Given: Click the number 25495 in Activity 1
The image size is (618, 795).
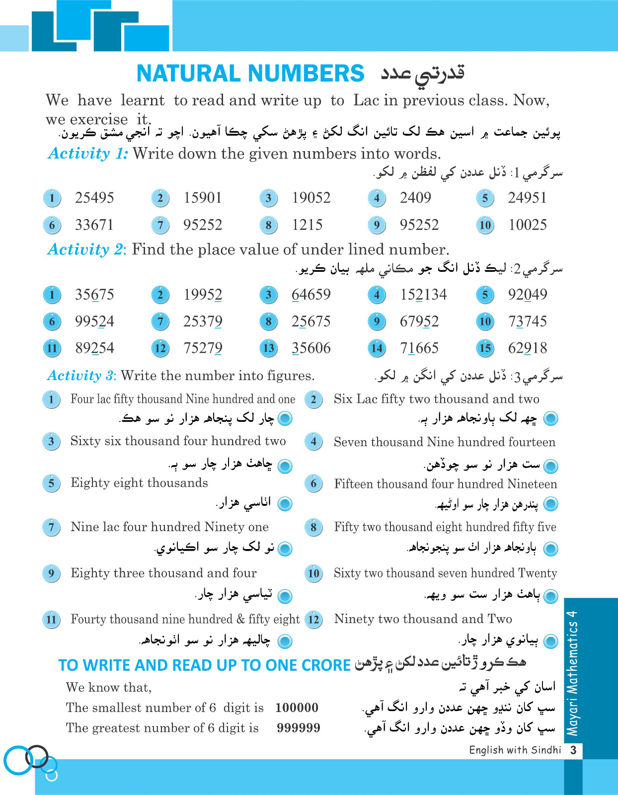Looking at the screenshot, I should pyautogui.click(x=94, y=198).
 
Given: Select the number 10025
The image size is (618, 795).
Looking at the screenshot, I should pyautogui.click(x=527, y=225).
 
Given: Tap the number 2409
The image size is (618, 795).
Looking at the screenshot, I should pyautogui.click(x=415, y=198).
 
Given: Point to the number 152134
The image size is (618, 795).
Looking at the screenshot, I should pyautogui.click(x=423, y=295).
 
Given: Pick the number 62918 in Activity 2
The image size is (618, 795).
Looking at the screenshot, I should pyautogui.click(x=527, y=348).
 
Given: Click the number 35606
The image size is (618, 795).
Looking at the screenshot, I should pyautogui.click(x=311, y=348).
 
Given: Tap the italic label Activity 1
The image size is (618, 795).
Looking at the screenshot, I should pyautogui.click(x=88, y=154).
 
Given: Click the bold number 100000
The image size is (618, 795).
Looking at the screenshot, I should pyautogui.click(x=297, y=708).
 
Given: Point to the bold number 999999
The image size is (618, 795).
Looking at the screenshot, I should pyautogui.click(x=298, y=728).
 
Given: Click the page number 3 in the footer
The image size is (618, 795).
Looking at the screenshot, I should pyautogui.click(x=573, y=750).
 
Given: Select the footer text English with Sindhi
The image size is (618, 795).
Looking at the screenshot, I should pyautogui.click(x=515, y=750).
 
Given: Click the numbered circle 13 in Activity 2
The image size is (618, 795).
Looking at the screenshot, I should pyautogui.click(x=269, y=348).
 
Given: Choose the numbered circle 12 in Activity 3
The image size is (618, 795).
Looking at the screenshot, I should pyautogui.click(x=313, y=620).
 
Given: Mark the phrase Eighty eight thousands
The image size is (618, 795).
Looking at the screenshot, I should pyautogui.click(x=139, y=483).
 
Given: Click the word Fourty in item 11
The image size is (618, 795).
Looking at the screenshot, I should pyautogui.click(x=87, y=619).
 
